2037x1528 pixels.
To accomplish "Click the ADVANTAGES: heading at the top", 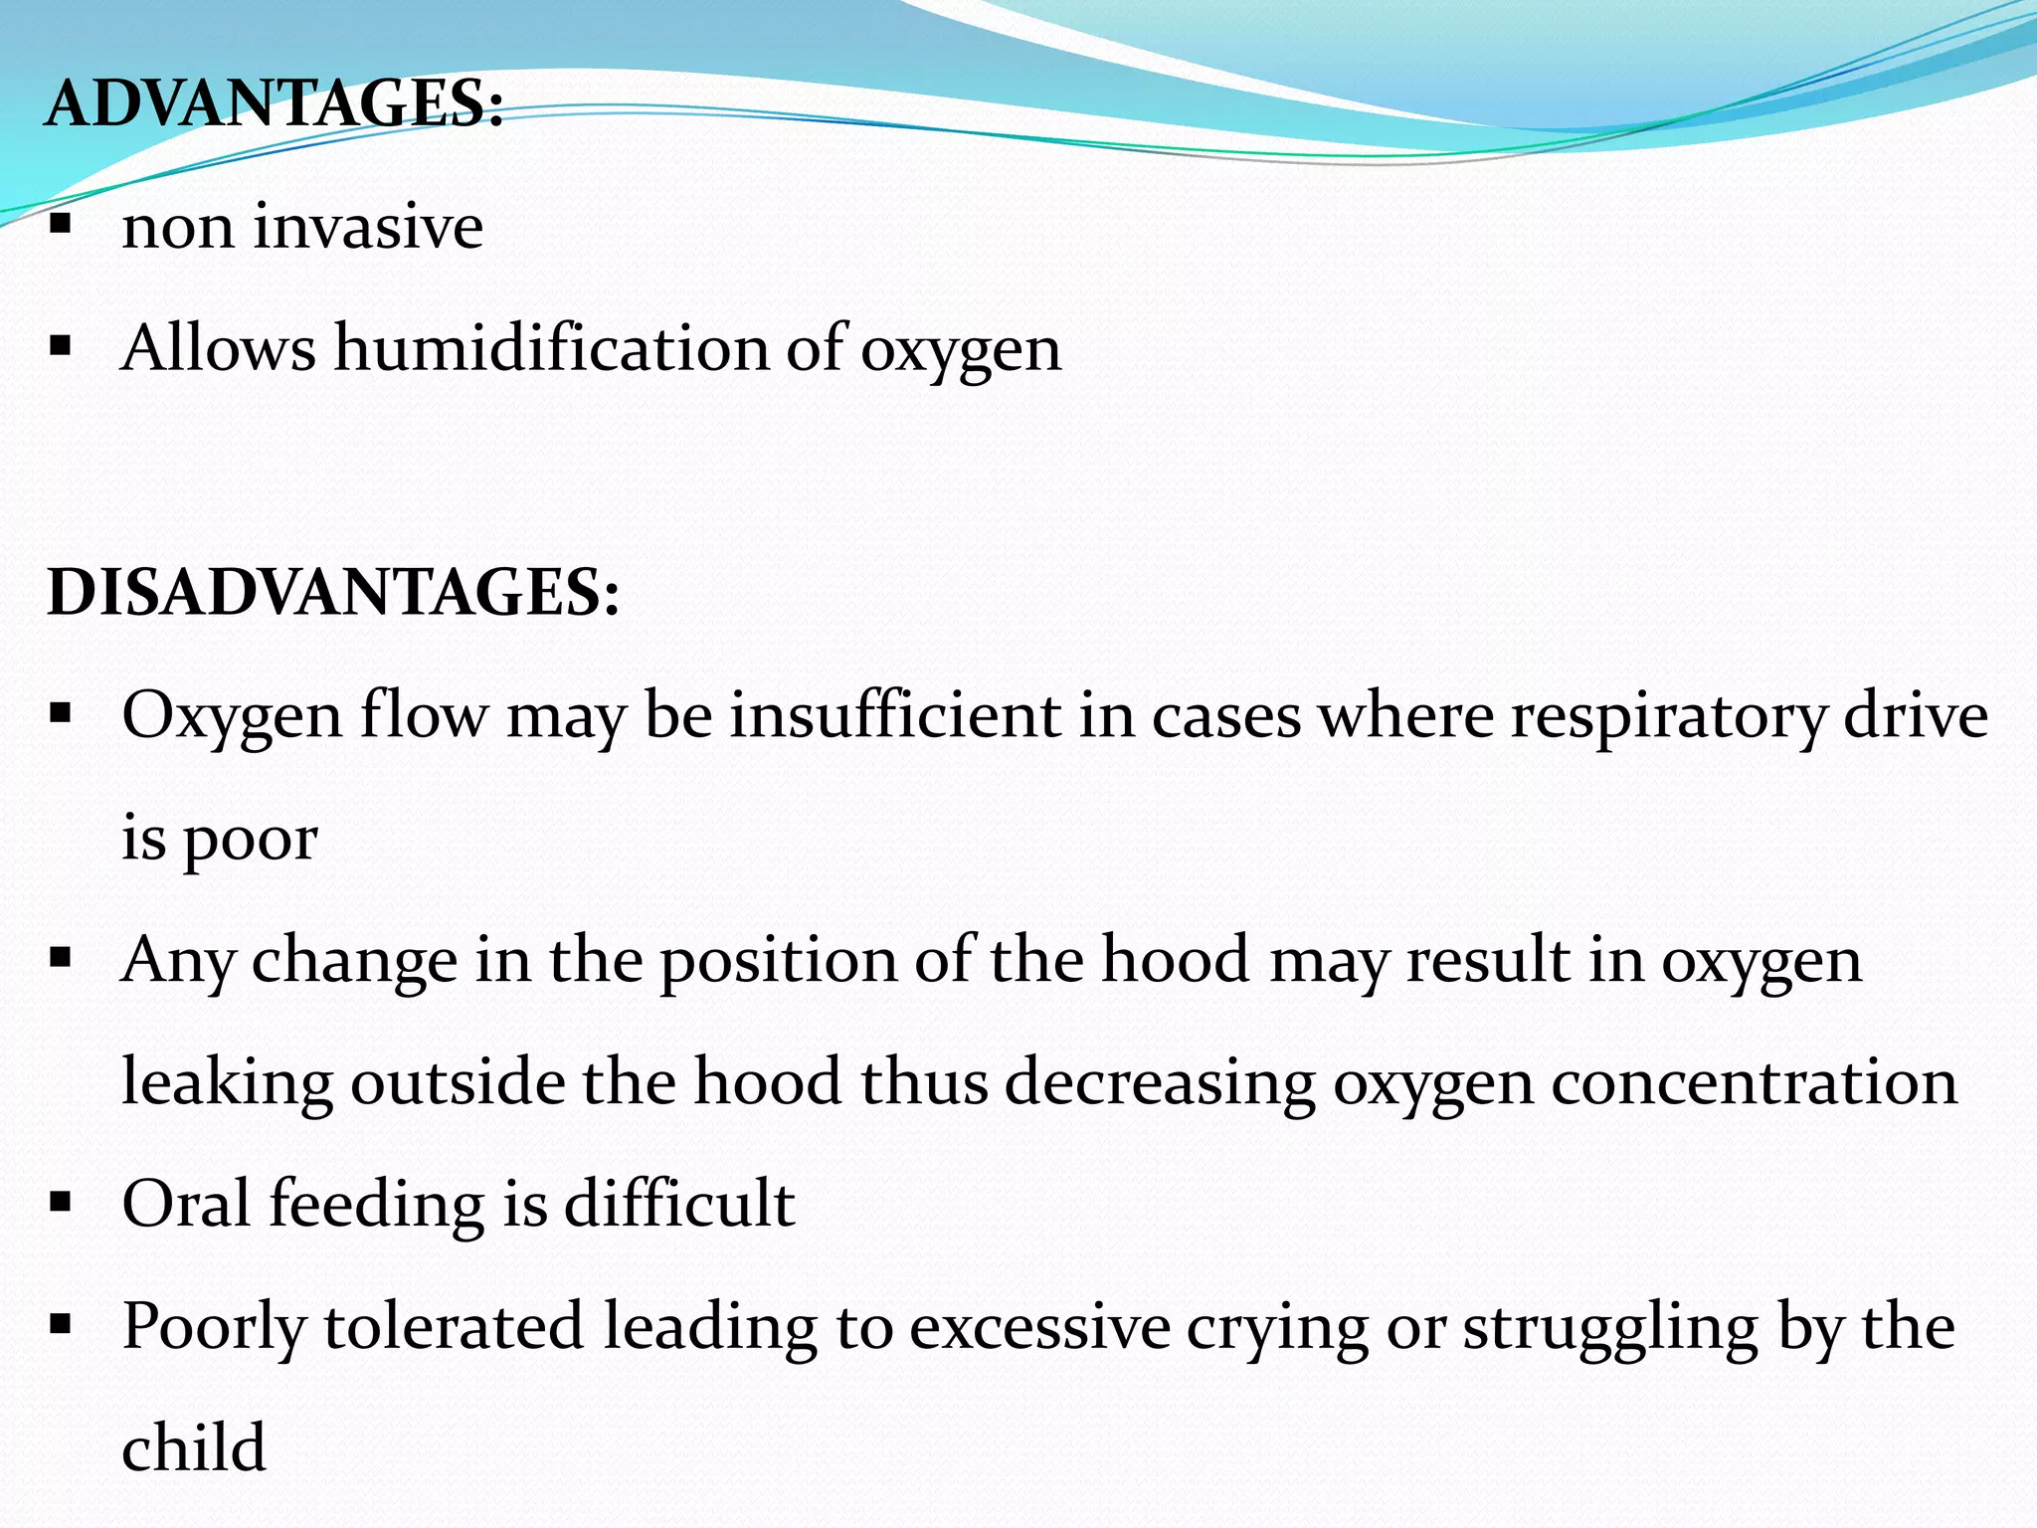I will click(x=275, y=103).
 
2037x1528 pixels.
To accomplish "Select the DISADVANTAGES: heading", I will click(x=333, y=593).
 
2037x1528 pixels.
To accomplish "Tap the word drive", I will click(x=1916, y=715).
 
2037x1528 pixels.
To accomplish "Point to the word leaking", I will click(x=227, y=1083).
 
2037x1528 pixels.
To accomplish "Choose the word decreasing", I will click(x=1160, y=1083).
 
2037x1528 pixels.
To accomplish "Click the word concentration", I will click(x=1755, y=1083).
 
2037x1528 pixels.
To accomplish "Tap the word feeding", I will click(x=377, y=1204).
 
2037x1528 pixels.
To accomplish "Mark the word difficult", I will click(x=679, y=1204).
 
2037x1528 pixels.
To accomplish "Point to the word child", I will click(x=194, y=1448).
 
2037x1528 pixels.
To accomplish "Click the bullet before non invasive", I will click(x=61, y=224).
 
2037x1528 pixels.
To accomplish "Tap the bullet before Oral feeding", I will click(x=61, y=1202).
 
